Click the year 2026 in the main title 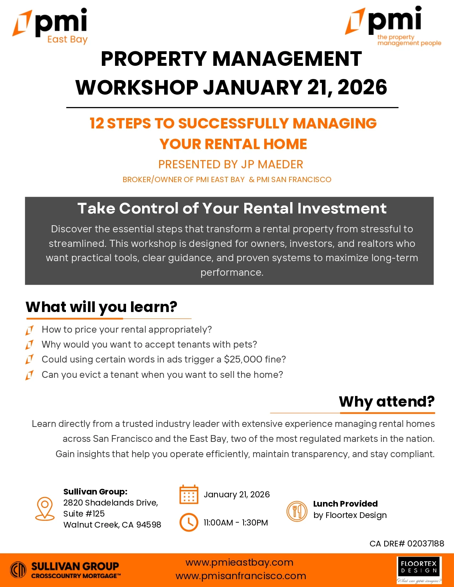(x=362, y=87)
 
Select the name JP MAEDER (x=272, y=164)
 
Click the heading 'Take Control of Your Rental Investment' (x=232, y=208)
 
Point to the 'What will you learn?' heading (x=101, y=307)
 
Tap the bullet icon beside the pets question (x=30, y=345)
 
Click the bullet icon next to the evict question (x=30, y=375)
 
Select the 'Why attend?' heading (x=387, y=402)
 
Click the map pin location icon (x=45, y=509)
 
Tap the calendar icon (x=189, y=495)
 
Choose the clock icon (x=189, y=522)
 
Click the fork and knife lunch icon (x=297, y=511)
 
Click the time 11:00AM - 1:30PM (x=236, y=523)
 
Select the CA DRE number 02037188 (x=426, y=544)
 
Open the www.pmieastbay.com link (x=239, y=562)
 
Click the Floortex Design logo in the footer (x=419, y=570)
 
